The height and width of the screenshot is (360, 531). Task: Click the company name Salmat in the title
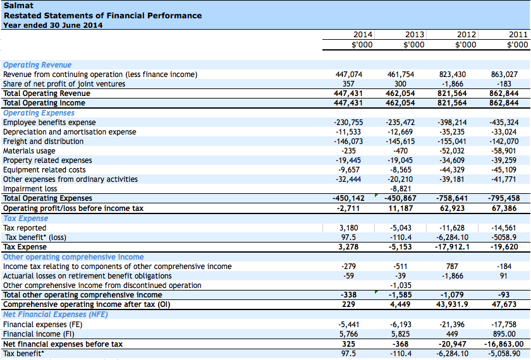coord(15,6)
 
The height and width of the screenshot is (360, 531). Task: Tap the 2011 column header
coord(518,35)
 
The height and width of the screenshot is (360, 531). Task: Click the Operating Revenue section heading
coord(37,64)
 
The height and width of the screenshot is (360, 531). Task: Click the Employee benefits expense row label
coord(49,123)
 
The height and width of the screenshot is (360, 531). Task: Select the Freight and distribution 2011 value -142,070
coord(504,141)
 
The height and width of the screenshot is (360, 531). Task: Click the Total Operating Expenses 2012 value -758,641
coord(451,198)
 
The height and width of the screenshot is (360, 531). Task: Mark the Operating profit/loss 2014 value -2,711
coord(350,208)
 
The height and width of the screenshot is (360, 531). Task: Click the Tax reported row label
coord(25,228)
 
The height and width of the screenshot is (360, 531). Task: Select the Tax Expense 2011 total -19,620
coord(504,247)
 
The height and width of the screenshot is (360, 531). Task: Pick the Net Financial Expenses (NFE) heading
coord(46,315)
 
